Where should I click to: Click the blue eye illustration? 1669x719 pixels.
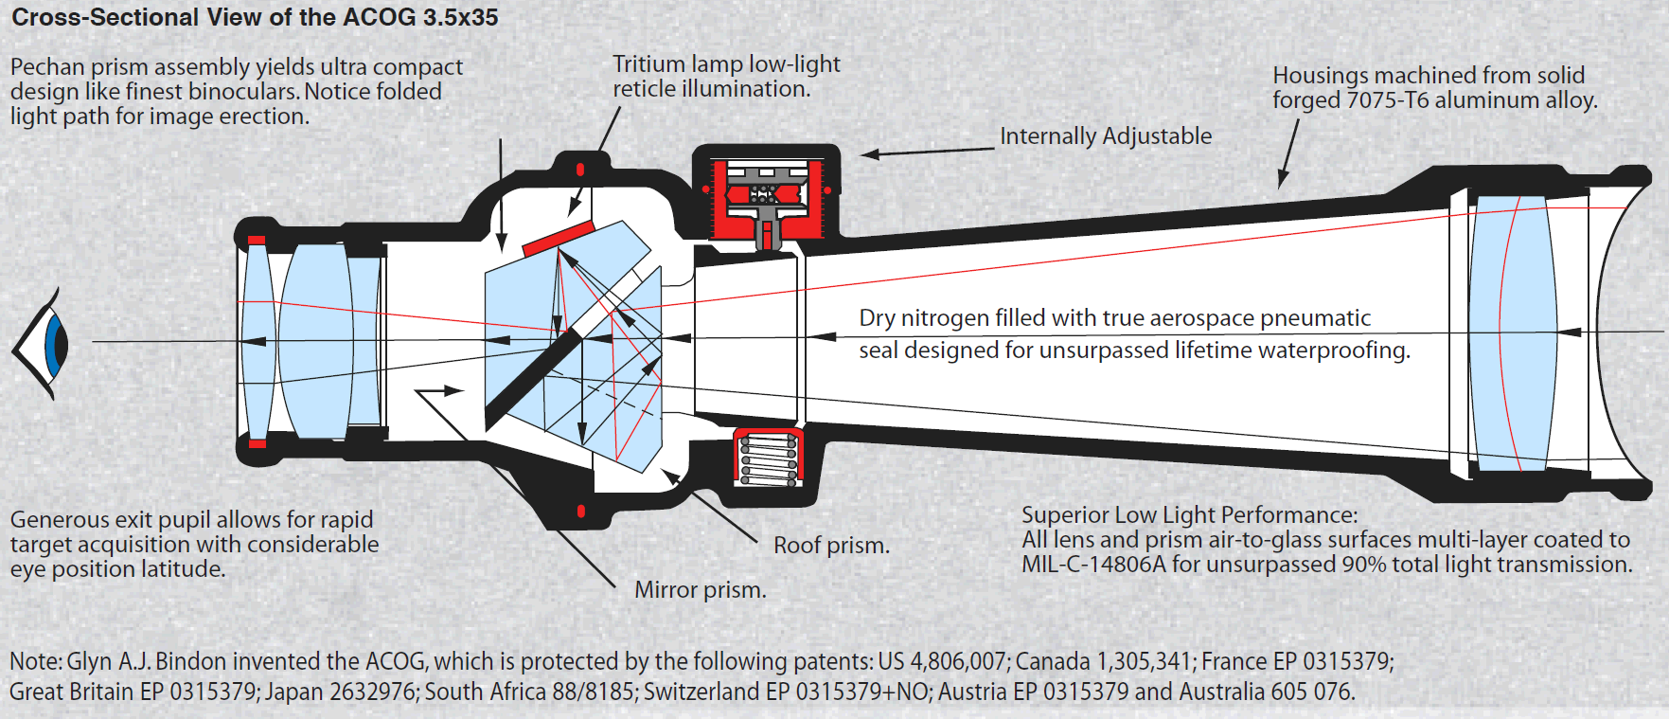point(52,344)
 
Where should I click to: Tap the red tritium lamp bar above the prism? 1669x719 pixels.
point(558,238)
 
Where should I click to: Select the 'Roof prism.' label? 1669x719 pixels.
point(831,546)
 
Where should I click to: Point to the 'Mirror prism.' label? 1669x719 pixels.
point(700,590)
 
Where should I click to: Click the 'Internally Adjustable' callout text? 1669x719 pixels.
point(1105,136)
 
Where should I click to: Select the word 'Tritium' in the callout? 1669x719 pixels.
point(648,64)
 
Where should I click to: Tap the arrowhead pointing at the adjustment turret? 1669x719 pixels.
point(870,154)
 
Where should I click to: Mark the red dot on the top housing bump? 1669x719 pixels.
point(580,170)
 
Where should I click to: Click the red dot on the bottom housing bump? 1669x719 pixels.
point(580,512)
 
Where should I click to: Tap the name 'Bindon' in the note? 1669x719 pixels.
point(192,661)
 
